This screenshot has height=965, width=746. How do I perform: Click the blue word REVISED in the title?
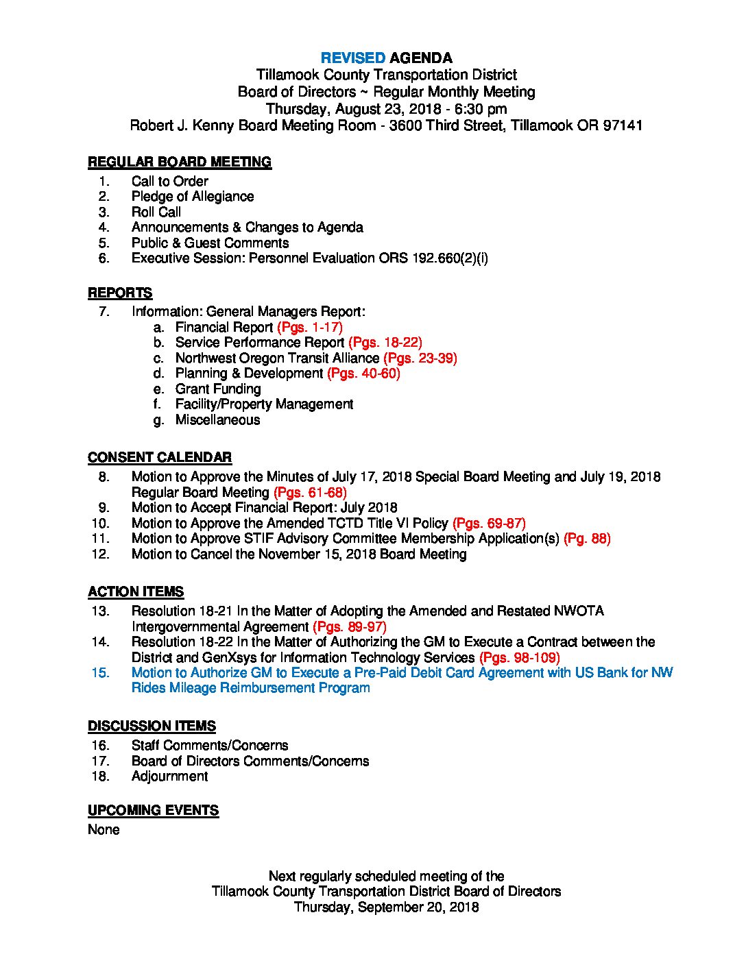[x=352, y=58]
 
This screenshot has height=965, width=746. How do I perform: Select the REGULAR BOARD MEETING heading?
[x=180, y=162]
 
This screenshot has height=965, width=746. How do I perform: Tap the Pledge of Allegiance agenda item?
[x=193, y=197]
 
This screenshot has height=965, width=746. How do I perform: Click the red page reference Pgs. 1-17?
[x=310, y=328]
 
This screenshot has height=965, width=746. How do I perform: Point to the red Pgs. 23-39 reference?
[x=420, y=358]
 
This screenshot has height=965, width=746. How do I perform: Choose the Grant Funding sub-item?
[x=218, y=389]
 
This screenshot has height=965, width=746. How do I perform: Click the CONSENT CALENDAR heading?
[x=160, y=457]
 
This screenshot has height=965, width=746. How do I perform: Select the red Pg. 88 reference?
[x=587, y=539]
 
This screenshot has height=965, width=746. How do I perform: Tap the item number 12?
[x=100, y=554]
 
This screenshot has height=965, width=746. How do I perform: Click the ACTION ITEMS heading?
[x=136, y=591]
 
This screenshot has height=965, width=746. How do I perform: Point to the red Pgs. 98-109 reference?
[x=519, y=657]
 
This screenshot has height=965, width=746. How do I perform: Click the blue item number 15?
[x=100, y=673]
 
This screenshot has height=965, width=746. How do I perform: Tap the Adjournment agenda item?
[x=169, y=777]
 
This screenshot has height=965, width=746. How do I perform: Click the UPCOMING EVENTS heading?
[x=153, y=810]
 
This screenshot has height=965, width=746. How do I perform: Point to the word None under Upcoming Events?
[x=104, y=830]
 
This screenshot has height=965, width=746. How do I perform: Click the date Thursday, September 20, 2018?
[x=386, y=907]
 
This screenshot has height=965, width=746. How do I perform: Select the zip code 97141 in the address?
[x=622, y=125]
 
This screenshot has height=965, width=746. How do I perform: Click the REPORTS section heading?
[x=120, y=293]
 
